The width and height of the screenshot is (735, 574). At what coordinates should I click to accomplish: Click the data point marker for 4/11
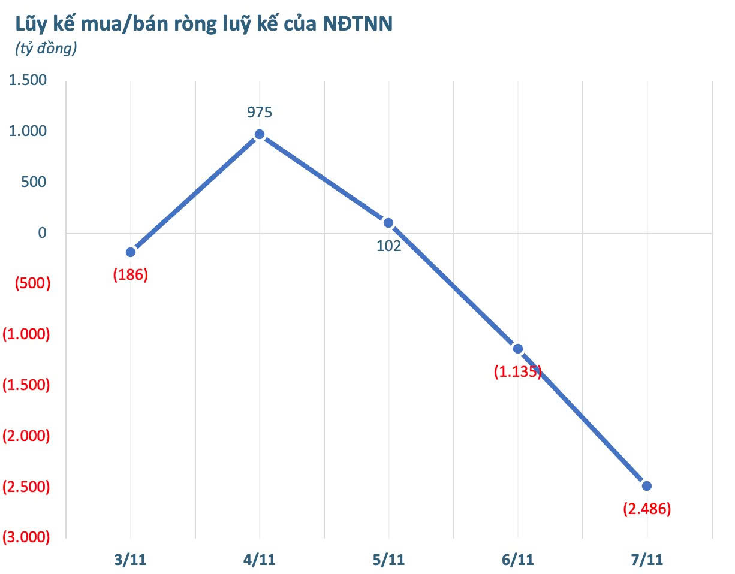coord(260,134)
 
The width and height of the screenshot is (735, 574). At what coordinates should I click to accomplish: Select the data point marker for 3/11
coord(131,252)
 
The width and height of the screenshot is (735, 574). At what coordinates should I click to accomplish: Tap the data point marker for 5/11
coord(388,223)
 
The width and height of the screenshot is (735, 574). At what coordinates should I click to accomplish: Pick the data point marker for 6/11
coord(518,349)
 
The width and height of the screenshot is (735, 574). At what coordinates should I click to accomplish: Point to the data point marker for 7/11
coord(646,485)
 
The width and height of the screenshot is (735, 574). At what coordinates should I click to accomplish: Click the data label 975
coord(260,112)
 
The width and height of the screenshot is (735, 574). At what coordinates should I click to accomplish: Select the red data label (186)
coord(130,275)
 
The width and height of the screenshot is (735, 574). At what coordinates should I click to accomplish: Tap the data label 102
coord(388,246)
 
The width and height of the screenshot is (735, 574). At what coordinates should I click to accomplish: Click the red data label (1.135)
coord(518,371)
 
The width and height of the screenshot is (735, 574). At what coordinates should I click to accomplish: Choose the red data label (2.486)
coord(646,509)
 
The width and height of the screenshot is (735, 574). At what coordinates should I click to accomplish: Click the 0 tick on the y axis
coord(42,232)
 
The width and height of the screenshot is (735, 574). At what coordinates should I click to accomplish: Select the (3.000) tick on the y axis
coord(26,537)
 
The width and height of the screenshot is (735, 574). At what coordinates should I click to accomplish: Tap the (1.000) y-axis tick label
coord(26,334)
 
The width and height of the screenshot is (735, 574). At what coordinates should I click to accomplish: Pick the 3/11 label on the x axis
coord(130,560)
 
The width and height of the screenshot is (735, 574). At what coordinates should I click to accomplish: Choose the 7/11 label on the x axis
coord(646,560)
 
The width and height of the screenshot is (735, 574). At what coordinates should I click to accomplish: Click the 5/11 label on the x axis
coord(388,560)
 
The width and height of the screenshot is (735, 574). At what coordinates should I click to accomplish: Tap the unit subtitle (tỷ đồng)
coord(46,49)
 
